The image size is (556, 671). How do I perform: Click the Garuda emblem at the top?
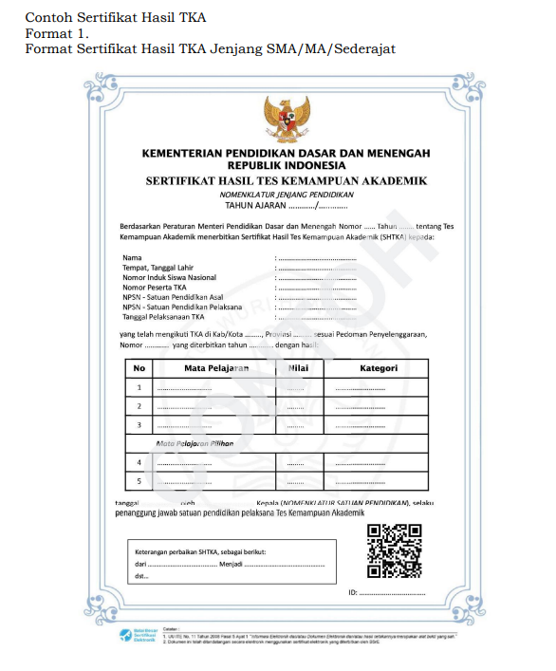click(287, 118)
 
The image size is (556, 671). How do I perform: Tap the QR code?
click(394, 551)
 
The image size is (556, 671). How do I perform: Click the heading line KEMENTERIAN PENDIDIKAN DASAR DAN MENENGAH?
click(286, 153)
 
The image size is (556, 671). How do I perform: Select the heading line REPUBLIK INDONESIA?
click(286, 164)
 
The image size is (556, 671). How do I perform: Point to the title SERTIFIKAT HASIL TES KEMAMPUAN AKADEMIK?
click(286, 179)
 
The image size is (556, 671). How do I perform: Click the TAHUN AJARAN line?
click(286, 204)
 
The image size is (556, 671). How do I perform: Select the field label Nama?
click(132, 257)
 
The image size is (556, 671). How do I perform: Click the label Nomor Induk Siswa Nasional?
click(169, 277)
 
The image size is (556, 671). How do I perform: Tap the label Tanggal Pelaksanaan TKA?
click(163, 317)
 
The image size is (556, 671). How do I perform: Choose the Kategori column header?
click(379, 368)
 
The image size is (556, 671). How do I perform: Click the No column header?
click(139, 368)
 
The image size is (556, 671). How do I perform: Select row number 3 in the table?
click(139, 424)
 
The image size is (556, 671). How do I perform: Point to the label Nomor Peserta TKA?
click(155, 287)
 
